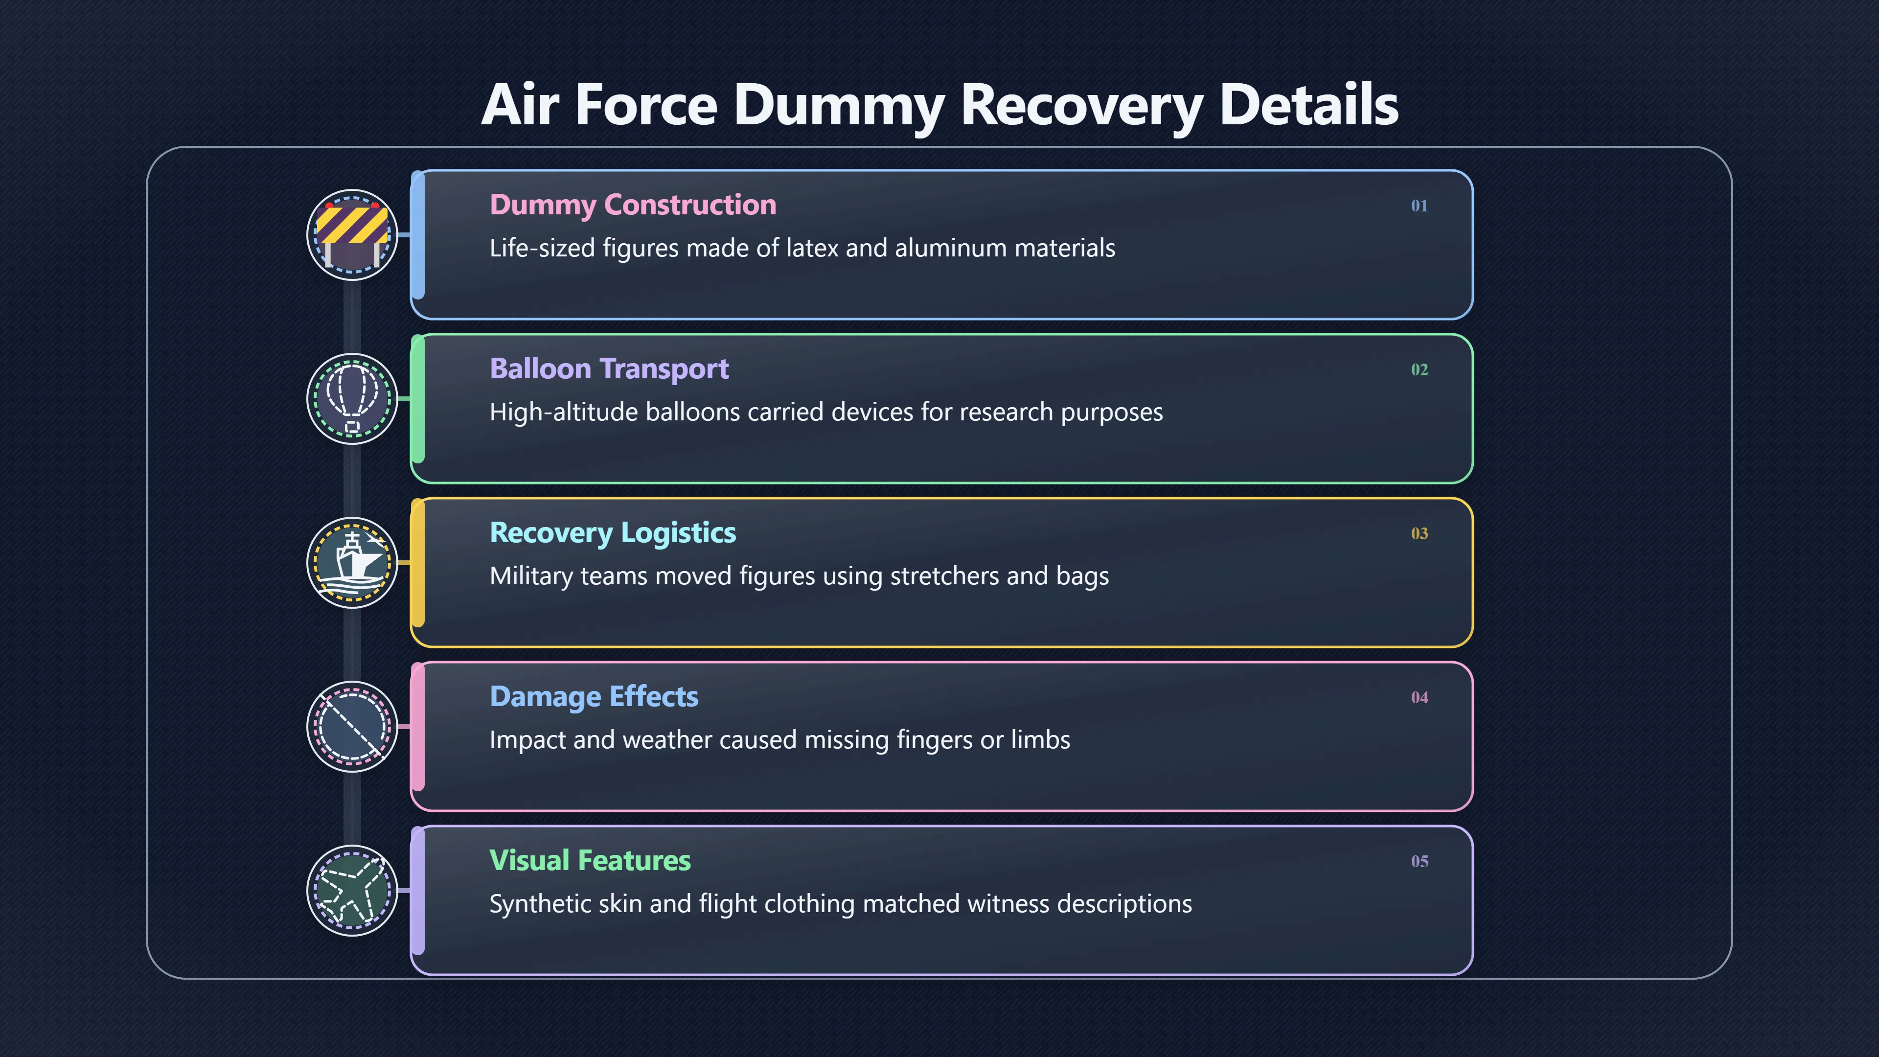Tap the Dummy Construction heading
pyautogui.click(x=632, y=205)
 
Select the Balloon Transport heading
pyautogui.click(x=609, y=369)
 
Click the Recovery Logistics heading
pyautogui.click(x=613, y=533)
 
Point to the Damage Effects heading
pyautogui.click(x=594, y=697)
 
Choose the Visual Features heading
pyautogui.click(x=590, y=860)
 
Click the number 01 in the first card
pyautogui.click(x=1419, y=206)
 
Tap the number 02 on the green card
pyautogui.click(x=1419, y=370)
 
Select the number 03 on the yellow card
pyautogui.click(x=1419, y=533)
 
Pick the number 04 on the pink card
pyautogui.click(x=1419, y=697)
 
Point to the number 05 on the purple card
pyautogui.click(x=1419, y=861)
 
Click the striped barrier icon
pyautogui.click(x=352, y=235)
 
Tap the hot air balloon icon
pyautogui.click(x=352, y=399)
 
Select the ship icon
pyautogui.click(x=352, y=562)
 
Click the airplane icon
pyautogui.click(x=352, y=891)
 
